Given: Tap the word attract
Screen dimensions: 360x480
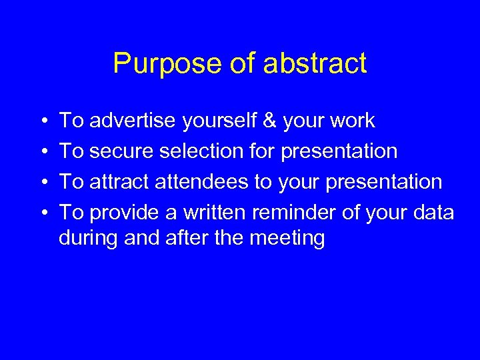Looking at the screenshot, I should tap(119, 181).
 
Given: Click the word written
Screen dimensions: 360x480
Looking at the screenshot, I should tap(209, 212).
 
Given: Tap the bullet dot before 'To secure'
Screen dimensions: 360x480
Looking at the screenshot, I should tap(43, 152).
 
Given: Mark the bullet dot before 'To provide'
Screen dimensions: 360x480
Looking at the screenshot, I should tap(43, 213).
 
